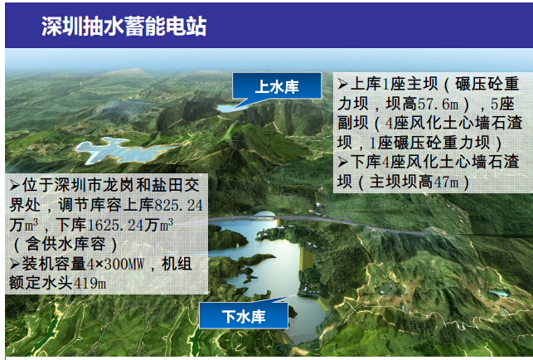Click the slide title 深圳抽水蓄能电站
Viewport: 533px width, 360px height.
coord(124,27)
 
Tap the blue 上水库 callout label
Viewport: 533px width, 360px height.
coord(277,87)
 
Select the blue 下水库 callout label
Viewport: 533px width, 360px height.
coord(244,316)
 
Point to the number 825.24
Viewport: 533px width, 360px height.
coord(179,206)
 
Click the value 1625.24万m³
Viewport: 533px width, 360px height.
coord(130,226)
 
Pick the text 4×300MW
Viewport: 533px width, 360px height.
coord(115,265)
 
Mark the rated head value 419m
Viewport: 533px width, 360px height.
coord(90,284)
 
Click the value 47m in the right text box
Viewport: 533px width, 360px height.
coord(446,182)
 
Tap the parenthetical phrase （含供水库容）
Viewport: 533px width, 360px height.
coord(65,245)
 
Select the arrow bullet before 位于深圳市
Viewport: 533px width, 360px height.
coord(15,186)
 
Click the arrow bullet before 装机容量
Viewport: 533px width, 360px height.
coord(15,264)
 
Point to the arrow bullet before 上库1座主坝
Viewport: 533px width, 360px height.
coord(342,84)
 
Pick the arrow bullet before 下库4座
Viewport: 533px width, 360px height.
coord(342,162)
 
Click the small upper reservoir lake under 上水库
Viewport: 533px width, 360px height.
coord(229,108)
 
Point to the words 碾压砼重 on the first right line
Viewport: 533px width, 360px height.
coord(487,84)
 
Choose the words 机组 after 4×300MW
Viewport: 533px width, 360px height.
coord(177,265)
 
